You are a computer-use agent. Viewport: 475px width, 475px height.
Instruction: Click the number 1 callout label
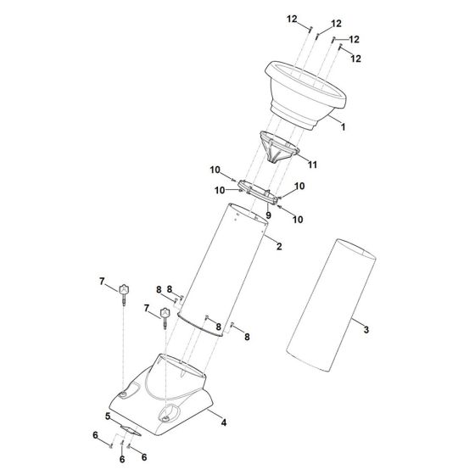coord(343,127)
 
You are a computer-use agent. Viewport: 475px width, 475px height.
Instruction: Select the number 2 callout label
coord(279,246)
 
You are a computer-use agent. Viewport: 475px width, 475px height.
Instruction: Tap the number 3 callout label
coord(366,329)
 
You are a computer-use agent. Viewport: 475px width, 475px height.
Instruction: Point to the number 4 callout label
coord(224,422)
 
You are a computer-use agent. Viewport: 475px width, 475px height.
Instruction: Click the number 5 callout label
coord(108,416)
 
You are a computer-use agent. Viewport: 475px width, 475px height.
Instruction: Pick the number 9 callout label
coord(268,215)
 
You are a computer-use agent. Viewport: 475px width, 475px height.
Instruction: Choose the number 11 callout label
coord(313,165)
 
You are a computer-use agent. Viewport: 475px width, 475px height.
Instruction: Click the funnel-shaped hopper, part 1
coord(305,95)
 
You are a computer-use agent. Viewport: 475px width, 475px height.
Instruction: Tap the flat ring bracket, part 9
coord(258,193)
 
